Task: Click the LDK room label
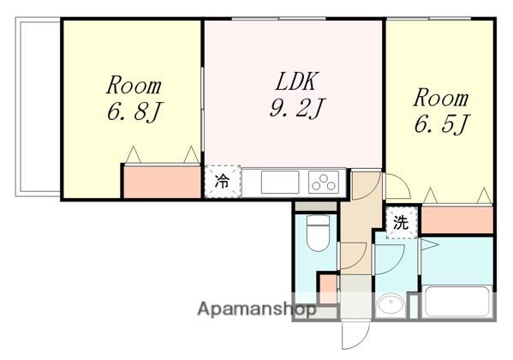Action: point(296,81)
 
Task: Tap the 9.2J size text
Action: point(296,108)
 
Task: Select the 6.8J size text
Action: point(134,111)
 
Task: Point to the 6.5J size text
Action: point(442,123)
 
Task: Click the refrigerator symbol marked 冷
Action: point(223,181)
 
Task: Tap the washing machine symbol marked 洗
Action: point(402,223)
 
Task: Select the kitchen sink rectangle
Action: point(280,182)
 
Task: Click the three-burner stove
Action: point(324,182)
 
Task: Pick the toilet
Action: point(319,233)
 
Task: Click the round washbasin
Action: point(391,304)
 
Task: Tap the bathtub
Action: point(456,302)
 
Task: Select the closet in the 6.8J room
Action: point(163,182)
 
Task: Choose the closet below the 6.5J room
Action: point(457,219)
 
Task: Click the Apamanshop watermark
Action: point(257,309)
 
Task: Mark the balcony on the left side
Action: point(38,107)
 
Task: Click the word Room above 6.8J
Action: point(134,86)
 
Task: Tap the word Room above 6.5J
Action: point(441,98)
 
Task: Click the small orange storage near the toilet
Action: point(328,289)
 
